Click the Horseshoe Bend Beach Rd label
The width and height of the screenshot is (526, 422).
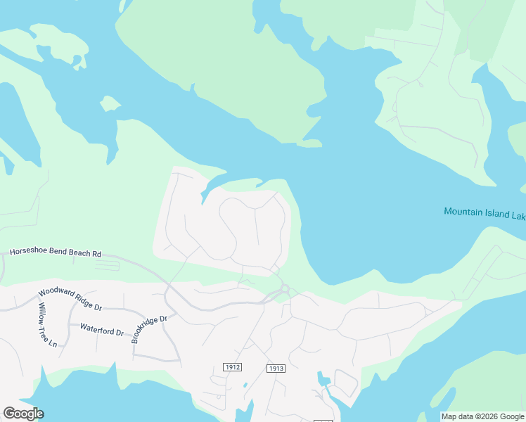point(55,252)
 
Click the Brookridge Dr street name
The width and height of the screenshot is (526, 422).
point(150,329)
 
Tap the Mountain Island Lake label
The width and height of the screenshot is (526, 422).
point(485,212)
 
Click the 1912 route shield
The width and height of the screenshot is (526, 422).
point(232,367)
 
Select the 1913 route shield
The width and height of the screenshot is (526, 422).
point(276,369)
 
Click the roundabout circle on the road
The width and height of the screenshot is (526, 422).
point(285,288)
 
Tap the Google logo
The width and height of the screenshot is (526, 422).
point(23,414)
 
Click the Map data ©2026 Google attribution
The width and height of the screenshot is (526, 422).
point(482,416)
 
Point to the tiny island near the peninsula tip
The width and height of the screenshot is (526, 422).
point(309,143)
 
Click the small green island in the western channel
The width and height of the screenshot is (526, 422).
point(110,104)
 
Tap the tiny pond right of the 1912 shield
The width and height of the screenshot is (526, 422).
point(244,385)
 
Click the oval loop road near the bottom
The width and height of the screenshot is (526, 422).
point(345,384)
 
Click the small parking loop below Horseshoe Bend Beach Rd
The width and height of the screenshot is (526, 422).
point(107,267)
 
